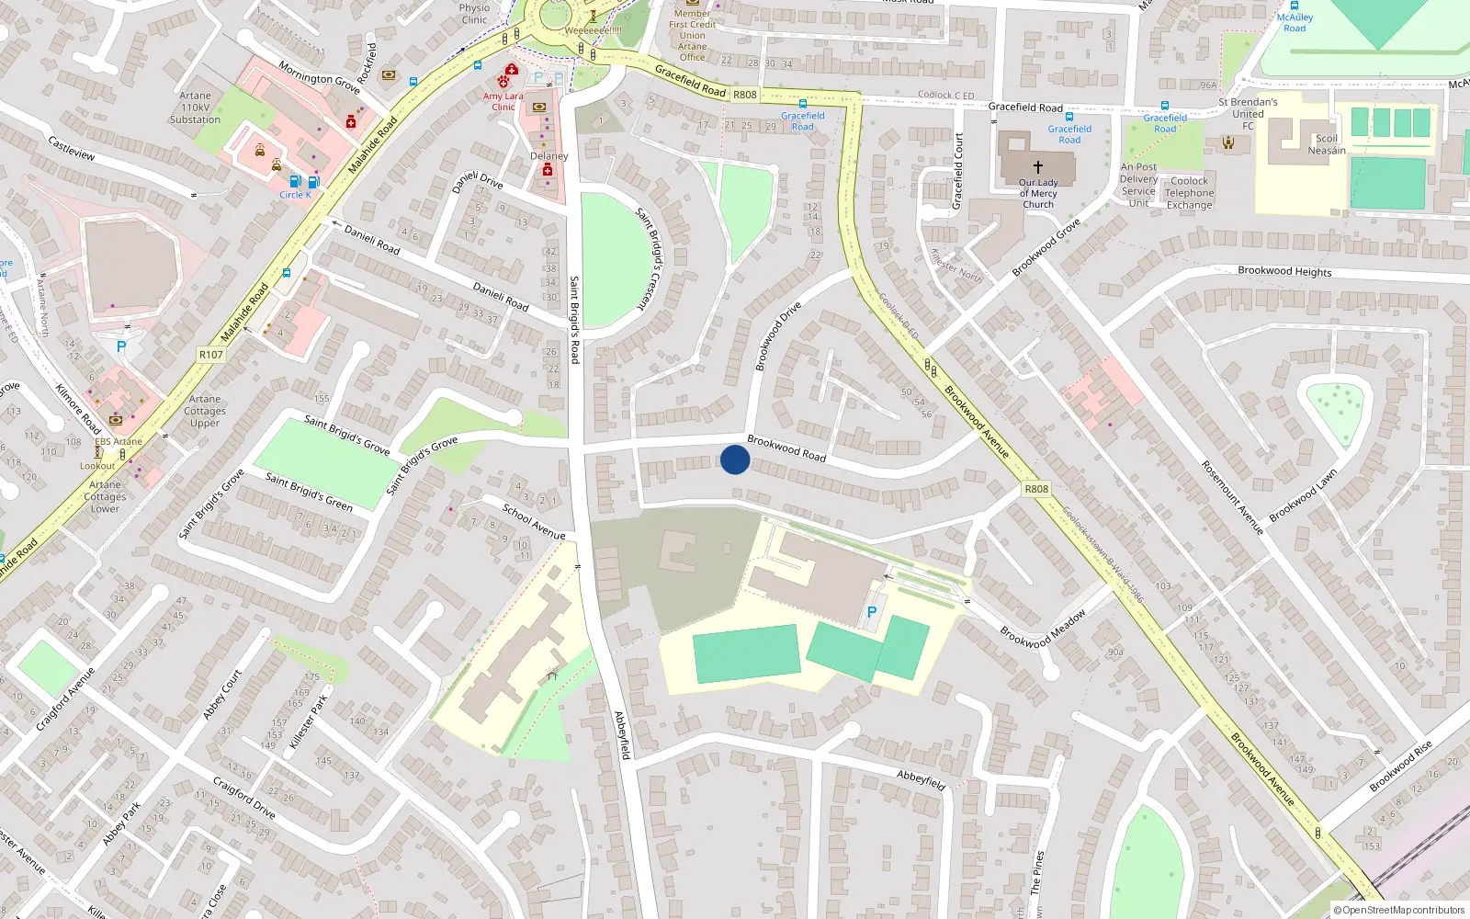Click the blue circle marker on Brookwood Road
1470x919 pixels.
point(735,459)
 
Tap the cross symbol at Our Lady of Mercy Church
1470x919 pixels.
point(1038,167)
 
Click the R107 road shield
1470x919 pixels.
point(210,355)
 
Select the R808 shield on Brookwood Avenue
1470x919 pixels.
point(1036,489)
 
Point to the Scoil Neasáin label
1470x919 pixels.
point(1327,144)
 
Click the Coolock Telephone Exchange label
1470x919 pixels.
point(1190,193)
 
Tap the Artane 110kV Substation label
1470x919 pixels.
point(195,108)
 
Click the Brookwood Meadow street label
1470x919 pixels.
point(1043,630)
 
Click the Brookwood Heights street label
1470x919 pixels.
point(1284,271)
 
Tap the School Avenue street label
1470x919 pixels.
point(534,521)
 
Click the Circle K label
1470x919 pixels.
point(295,195)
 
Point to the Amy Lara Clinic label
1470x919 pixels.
point(503,101)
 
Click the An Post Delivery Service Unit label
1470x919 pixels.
point(1138,186)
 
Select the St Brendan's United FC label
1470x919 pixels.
point(1248,114)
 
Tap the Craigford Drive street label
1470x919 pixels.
point(244,797)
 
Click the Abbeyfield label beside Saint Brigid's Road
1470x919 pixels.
point(623,735)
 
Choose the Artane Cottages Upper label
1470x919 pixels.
point(205,411)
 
